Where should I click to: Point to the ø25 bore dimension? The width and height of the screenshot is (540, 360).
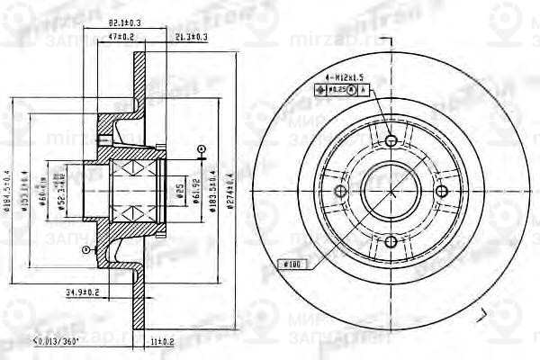[x=179, y=192]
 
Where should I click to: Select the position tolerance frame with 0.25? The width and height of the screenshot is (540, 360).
[x=338, y=90]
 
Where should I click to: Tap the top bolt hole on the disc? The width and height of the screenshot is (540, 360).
[x=390, y=140]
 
